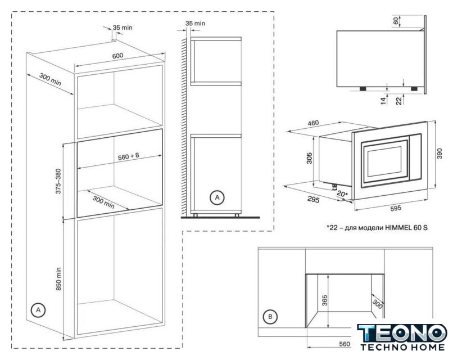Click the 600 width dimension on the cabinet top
pos(117,56)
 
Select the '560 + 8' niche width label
pos(129,156)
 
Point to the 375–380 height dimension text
pos(58,181)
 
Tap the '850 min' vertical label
pos(58,279)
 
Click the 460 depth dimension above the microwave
pos(313,123)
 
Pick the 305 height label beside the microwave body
pos(310,158)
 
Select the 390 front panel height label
pos(440,154)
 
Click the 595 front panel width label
pos(396,208)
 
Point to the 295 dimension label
pos(314,200)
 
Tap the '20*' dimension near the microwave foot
pos(342,194)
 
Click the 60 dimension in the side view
pos(396,20)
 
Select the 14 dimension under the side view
pos(383,101)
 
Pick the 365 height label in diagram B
pos(324,300)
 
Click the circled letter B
pos(270,317)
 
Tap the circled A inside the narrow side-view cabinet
pos(217,197)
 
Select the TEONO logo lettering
pos(402,333)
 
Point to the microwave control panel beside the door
pos(415,157)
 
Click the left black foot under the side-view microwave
pos(363,88)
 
